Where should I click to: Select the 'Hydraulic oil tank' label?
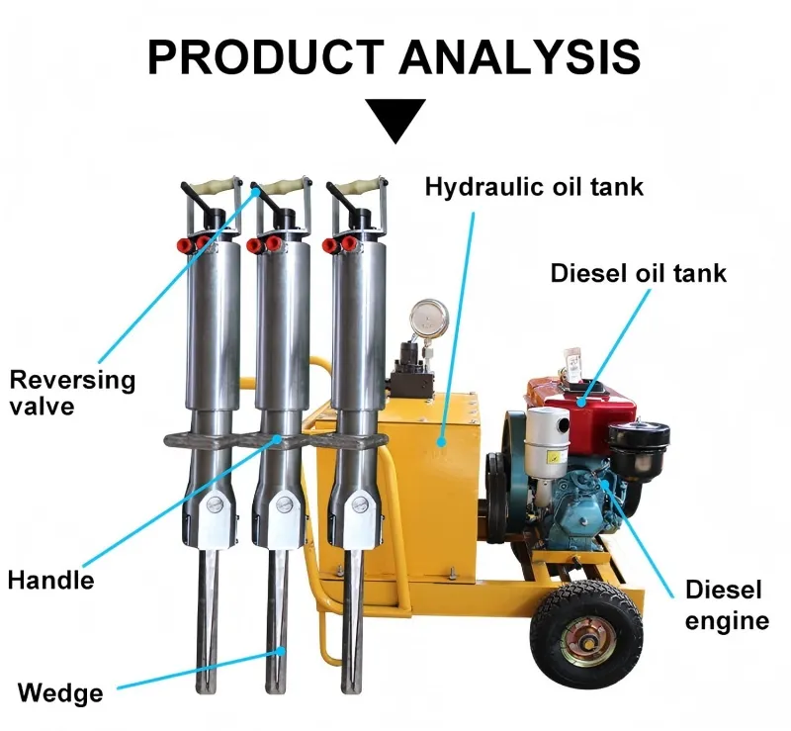[534, 186]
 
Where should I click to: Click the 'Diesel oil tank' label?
[638, 272]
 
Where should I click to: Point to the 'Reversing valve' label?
[71, 392]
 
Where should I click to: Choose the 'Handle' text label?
[50, 579]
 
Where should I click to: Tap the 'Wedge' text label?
[60, 692]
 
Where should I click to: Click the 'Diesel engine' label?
[726, 605]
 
